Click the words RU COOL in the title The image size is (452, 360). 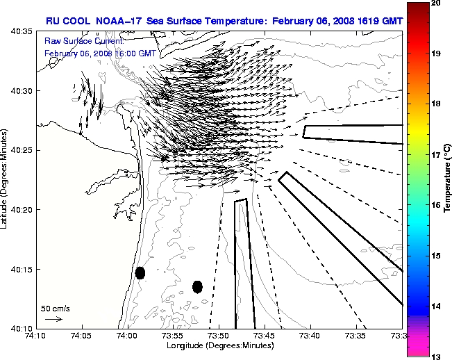tap(65, 21)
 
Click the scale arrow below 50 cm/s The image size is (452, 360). tap(53, 319)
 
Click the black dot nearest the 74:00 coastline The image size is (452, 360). tap(140, 272)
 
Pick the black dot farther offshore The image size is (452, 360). tap(197, 286)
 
